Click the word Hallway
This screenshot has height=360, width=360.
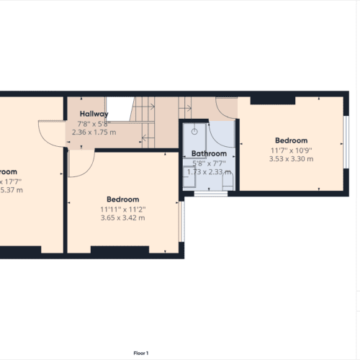(x=94, y=114)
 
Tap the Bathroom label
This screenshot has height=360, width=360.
(x=209, y=153)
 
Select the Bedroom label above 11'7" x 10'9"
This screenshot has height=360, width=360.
(x=291, y=140)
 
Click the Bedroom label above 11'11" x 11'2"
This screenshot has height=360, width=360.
(x=122, y=199)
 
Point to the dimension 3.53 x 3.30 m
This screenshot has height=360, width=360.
(x=291, y=159)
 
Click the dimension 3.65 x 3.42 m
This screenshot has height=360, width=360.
(x=122, y=217)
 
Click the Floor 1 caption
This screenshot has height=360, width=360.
(x=141, y=353)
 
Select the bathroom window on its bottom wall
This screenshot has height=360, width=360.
(x=207, y=194)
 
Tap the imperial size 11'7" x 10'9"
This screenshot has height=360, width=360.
(x=291, y=150)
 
